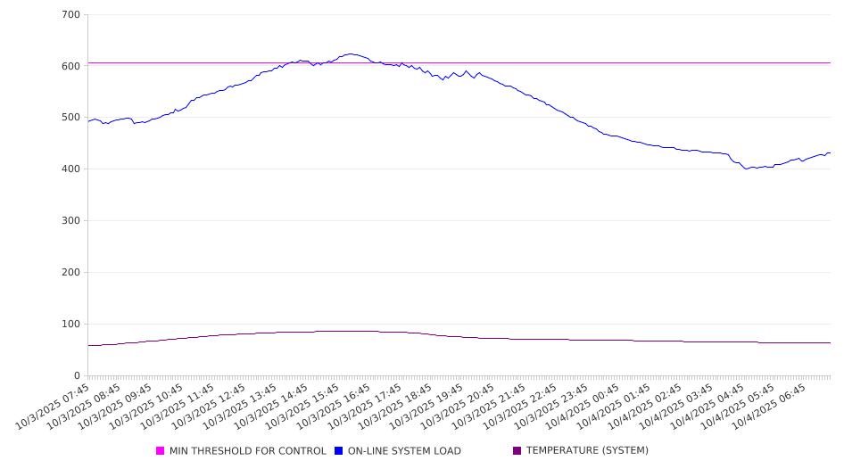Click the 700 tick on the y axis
pos(70,15)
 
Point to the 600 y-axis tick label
pos(70,66)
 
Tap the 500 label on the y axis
pos(70,118)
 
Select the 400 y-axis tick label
pos(70,169)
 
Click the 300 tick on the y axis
pos(70,221)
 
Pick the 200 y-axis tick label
pos(70,273)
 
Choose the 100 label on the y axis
pos(70,325)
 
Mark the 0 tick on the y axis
pos(78,375)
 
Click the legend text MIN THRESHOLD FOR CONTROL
pos(247,451)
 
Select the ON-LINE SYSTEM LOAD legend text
pos(404,451)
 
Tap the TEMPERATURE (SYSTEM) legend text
pos(587,451)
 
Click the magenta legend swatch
pos(161,451)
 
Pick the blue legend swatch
pos(339,451)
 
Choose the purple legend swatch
pos(517,451)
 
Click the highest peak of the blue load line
pos(351,53)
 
